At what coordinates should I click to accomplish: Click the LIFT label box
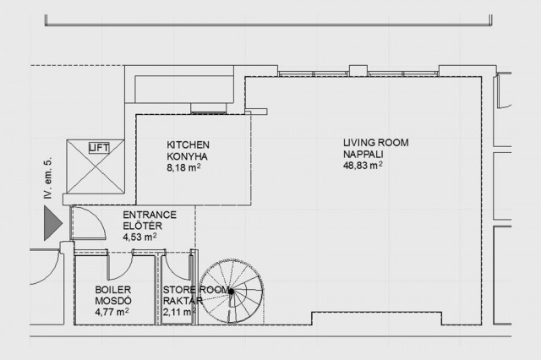tap(99, 148)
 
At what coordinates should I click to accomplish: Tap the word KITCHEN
tap(188, 145)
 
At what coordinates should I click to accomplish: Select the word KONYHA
tap(188, 156)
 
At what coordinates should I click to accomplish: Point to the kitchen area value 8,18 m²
tap(184, 167)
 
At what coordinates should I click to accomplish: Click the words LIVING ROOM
tap(375, 143)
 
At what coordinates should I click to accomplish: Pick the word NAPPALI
tap(363, 154)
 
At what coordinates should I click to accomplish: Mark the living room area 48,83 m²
tap(363, 165)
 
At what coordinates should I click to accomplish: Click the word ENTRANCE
tap(150, 215)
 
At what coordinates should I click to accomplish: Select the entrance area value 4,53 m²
tap(139, 237)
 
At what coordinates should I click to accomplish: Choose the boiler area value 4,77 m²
tap(112, 312)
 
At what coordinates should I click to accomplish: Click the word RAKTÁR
tap(183, 301)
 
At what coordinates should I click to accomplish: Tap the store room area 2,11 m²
tap(180, 312)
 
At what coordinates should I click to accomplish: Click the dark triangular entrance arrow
tap(52, 223)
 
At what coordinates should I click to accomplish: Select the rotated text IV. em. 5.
tap(48, 178)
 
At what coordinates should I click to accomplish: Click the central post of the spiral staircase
tap(231, 292)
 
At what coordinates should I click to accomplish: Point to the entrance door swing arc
tap(99, 217)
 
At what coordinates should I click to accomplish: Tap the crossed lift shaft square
tap(96, 166)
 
